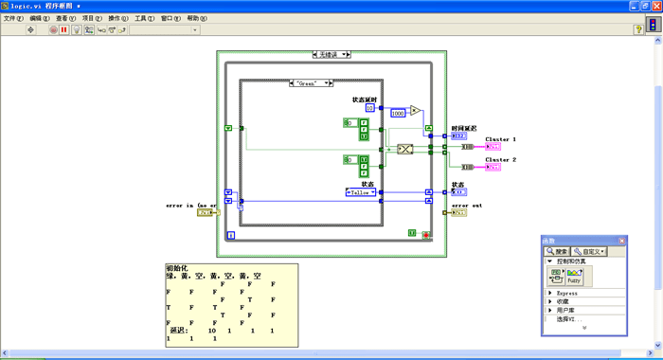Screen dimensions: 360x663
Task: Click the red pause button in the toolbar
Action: [64, 29]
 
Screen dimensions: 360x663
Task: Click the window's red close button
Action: [655, 6]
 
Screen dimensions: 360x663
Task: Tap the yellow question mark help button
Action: [637, 29]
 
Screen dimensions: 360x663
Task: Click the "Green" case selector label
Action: [310, 83]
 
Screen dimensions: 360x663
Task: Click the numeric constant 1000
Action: [397, 113]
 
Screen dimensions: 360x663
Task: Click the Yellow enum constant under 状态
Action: [361, 192]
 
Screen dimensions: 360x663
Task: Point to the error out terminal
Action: [457, 212]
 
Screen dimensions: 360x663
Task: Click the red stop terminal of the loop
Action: [427, 234]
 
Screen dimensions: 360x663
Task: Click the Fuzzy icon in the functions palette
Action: [573, 276]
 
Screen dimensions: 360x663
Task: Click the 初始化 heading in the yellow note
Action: [178, 268]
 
